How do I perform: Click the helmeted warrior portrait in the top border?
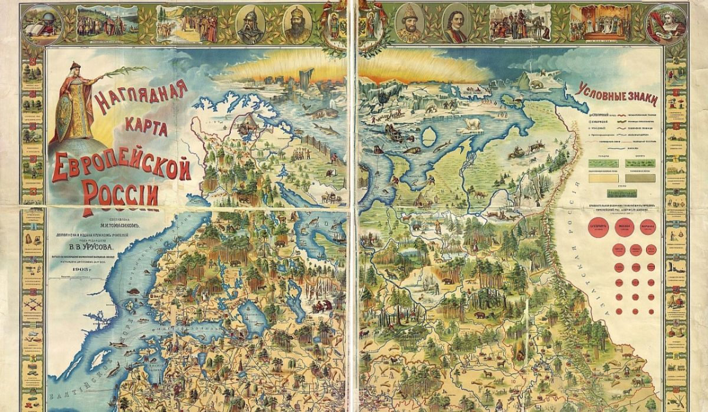tap(250, 24)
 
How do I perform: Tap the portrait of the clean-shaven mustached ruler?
tap(455, 24)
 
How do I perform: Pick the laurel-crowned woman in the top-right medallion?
tap(667, 24)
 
